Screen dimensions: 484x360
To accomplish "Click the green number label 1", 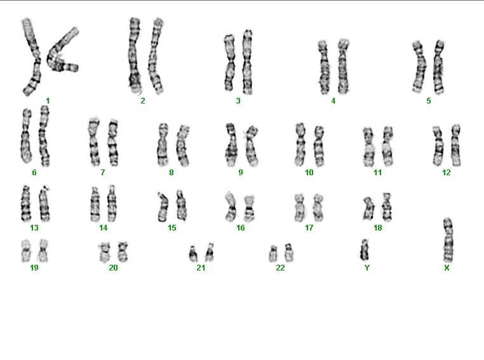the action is click(x=48, y=100).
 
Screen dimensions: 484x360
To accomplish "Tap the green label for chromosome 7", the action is click(x=103, y=173).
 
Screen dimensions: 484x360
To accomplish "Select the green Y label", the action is click(x=366, y=267).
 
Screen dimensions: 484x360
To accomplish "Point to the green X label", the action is click(x=447, y=268).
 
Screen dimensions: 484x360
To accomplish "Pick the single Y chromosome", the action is click(x=365, y=250).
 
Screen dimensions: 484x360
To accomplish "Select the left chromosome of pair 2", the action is click(x=134, y=55).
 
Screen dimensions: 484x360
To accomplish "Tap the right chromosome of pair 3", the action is click(x=247, y=62).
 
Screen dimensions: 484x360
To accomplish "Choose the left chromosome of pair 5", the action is click(x=419, y=67).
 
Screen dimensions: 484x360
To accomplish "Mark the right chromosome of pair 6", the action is click(x=44, y=136).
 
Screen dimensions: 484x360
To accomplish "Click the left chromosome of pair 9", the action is click(x=231, y=145).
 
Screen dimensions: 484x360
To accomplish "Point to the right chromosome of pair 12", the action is click(x=455, y=145).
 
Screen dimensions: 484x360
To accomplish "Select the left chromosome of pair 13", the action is click(x=25, y=204).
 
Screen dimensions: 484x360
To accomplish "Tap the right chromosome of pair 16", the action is click(x=249, y=208).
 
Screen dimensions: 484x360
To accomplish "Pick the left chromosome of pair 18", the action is click(x=368, y=209).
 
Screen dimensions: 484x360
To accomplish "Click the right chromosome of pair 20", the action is click(x=123, y=251).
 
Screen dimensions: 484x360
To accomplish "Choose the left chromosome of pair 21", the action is click(x=193, y=253).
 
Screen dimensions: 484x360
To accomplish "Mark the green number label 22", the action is click(x=280, y=268).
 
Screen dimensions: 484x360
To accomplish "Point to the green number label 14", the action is click(x=103, y=228).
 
